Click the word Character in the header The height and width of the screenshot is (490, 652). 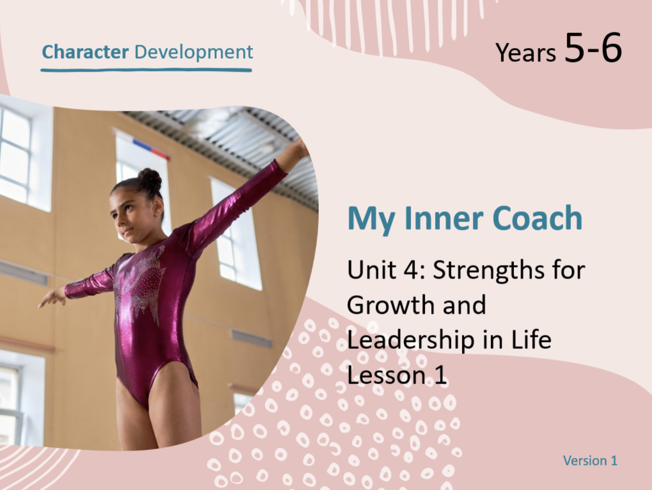coord(86,52)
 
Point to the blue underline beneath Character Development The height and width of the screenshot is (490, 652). coord(146,70)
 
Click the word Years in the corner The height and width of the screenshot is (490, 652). coord(525,53)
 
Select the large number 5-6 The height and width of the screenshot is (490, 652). coord(593,48)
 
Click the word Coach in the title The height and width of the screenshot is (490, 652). coord(537,218)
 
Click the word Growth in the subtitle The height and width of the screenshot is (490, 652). coord(392,304)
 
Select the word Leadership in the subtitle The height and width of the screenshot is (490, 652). coord(411,341)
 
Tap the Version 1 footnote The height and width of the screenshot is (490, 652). coord(590,461)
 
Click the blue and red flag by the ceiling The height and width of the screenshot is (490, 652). coord(151,148)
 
